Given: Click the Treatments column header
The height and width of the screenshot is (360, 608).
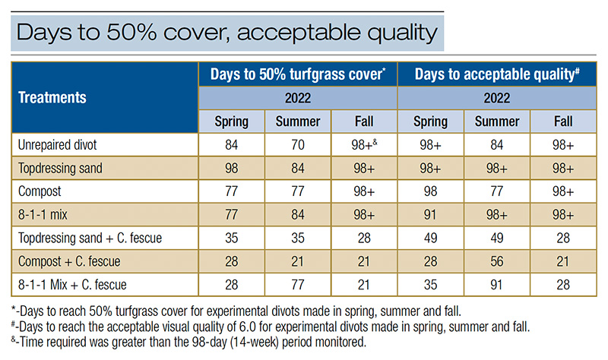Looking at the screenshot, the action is [x=52, y=98].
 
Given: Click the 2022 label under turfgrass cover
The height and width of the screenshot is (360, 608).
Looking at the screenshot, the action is [x=298, y=98].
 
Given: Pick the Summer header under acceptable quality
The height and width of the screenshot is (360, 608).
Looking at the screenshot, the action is [x=497, y=122].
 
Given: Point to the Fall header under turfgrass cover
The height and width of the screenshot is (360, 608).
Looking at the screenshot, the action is [x=364, y=122].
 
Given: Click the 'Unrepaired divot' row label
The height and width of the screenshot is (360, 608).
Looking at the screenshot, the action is [x=58, y=145].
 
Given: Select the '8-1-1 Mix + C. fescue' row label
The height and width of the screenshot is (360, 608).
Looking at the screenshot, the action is [x=72, y=285].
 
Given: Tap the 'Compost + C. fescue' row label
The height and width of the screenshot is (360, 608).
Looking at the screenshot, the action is [x=69, y=261].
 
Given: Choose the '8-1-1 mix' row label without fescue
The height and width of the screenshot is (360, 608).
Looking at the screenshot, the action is [x=43, y=215].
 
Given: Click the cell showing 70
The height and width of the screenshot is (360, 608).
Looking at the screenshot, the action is [x=298, y=145].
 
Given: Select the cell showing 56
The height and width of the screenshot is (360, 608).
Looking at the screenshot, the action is [x=497, y=261].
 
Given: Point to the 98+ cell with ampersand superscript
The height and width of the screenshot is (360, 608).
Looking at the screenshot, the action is [x=364, y=145].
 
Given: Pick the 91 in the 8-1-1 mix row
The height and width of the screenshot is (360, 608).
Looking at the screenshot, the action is [x=430, y=215].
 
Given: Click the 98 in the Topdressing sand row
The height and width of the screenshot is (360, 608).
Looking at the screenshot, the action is [x=232, y=168].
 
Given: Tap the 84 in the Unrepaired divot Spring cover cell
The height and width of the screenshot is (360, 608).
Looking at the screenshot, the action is [x=232, y=145].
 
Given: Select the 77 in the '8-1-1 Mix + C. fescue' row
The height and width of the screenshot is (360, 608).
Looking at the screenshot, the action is [x=298, y=285].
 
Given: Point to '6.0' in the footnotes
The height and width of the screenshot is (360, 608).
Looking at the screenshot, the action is [x=248, y=327].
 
